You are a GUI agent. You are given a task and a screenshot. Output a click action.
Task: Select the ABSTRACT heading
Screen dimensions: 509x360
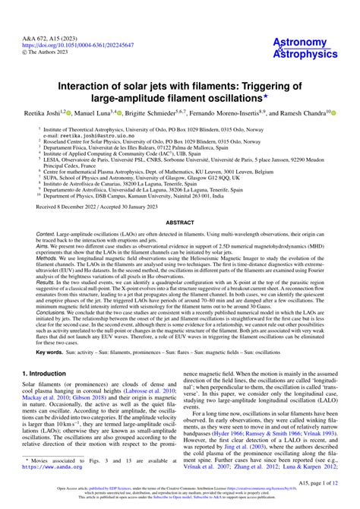point(180,223)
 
